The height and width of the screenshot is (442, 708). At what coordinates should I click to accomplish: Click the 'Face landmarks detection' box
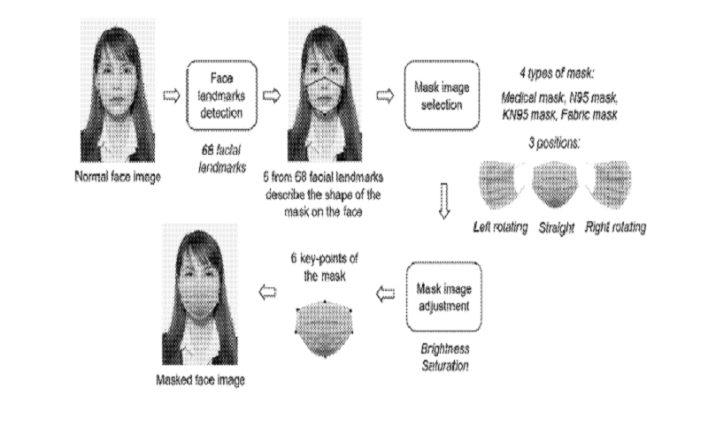pos(222,95)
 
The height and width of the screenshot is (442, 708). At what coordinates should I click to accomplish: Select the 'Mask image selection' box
pos(442,95)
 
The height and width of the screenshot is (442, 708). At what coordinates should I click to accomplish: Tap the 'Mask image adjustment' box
pos(444,297)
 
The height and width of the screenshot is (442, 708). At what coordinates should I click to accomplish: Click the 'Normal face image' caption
pos(118,176)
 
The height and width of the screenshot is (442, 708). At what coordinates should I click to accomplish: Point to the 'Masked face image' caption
pos(201,380)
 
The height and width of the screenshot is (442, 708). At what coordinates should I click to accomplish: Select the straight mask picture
pos(556,184)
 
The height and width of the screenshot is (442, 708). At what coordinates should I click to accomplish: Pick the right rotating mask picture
pos(609,184)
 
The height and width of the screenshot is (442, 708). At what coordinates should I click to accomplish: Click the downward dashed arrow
pos(444,202)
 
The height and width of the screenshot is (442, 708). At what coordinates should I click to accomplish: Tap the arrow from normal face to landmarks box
pos(172,95)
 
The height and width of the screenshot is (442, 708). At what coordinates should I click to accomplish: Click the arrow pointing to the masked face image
pos(267,293)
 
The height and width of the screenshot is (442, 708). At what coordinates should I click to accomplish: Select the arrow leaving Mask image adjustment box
pos(385,294)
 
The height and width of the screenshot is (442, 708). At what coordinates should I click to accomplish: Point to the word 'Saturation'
pos(445,365)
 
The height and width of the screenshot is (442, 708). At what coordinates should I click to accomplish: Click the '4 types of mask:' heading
pos(557,73)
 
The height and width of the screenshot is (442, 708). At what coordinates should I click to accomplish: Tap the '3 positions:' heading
pos(555,143)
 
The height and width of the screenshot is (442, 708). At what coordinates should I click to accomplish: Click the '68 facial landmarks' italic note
pos(222,159)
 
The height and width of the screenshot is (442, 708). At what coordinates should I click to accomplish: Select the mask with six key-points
pos(324,329)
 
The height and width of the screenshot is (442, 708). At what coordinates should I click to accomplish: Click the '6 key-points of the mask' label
pos(324,267)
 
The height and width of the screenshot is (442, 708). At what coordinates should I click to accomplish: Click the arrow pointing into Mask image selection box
pos(385,95)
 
